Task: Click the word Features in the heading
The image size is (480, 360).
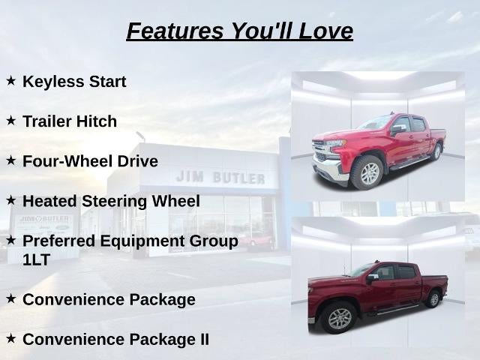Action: point(175,31)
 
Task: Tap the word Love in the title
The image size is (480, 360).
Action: point(325,31)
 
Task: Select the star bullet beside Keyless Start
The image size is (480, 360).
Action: point(10,81)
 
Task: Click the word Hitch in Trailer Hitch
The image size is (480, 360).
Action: point(97,121)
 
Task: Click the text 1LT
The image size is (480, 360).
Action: point(36,260)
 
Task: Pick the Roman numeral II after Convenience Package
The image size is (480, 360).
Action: point(204,340)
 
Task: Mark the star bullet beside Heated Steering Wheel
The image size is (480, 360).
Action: point(10,201)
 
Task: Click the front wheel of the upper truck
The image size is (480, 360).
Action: point(367,173)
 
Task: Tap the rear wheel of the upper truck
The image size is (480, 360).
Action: point(436,151)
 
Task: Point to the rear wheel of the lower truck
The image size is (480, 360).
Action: point(433,299)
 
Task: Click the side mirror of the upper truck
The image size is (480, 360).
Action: point(397,130)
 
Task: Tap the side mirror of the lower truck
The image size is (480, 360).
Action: point(372,278)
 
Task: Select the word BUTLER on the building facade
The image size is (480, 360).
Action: point(238,178)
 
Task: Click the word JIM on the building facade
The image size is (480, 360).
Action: point(190,177)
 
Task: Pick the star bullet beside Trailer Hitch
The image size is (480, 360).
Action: point(10,121)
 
